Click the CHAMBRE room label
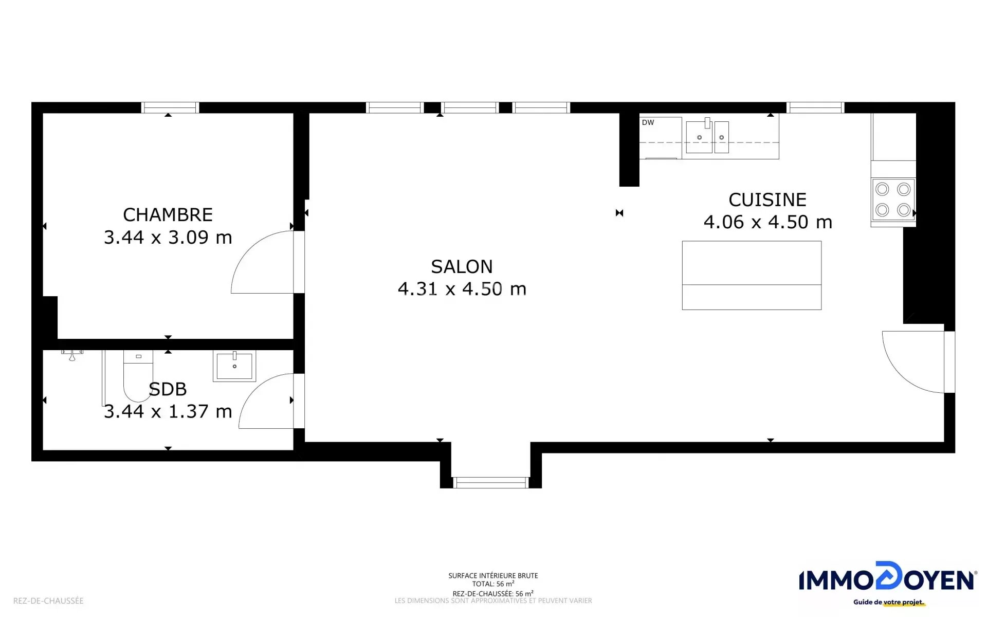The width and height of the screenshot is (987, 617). [x=168, y=214]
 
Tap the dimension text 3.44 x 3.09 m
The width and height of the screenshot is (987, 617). [x=168, y=237]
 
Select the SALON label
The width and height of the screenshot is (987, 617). [x=462, y=266]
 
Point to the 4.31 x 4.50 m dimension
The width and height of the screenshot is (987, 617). [x=462, y=289]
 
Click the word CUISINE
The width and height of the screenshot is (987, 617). [x=767, y=199]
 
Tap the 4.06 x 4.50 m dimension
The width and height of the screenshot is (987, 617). [x=767, y=222]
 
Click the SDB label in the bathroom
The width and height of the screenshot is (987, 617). [x=168, y=389]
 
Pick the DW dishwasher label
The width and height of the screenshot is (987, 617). [x=648, y=122]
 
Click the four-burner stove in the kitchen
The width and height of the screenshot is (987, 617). [x=893, y=199]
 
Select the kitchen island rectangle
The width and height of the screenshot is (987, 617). [x=752, y=276]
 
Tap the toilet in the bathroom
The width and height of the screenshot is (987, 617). [x=138, y=376]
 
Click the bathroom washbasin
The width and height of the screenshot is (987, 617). [x=234, y=366]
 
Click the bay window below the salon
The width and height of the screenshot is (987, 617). [x=490, y=482]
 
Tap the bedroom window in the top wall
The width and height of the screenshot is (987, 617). [x=170, y=107]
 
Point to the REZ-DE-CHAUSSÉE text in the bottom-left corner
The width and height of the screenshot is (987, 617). [x=48, y=601]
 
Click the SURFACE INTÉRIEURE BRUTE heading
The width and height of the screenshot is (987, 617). [x=493, y=576]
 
